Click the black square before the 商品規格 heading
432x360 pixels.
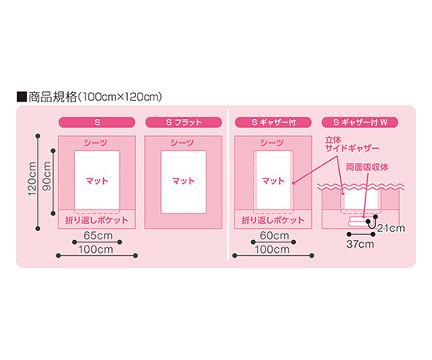[22, 97]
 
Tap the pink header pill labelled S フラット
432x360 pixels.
[183, 122]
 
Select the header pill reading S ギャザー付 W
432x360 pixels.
[360, 122]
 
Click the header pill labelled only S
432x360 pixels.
[97, 122]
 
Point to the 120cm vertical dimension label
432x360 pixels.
[32, 179]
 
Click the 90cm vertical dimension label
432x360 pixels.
[46, 176]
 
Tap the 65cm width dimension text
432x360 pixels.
[98, 235]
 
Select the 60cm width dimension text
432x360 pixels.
[274, 235]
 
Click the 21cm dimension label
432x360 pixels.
[391, 228]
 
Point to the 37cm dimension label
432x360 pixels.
[360, 244]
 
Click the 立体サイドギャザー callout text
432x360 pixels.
[352, 144]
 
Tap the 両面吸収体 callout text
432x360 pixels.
[367, 167]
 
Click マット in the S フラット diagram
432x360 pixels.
[183, 181]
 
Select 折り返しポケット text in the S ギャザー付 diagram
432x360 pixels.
[273, 220]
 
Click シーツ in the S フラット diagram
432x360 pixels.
[182, 142]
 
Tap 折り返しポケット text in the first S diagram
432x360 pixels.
[97, 220]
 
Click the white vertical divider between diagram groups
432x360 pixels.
[228, 185]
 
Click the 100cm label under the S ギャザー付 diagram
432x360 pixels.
[272, 250]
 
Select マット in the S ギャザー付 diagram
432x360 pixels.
[274, 181]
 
